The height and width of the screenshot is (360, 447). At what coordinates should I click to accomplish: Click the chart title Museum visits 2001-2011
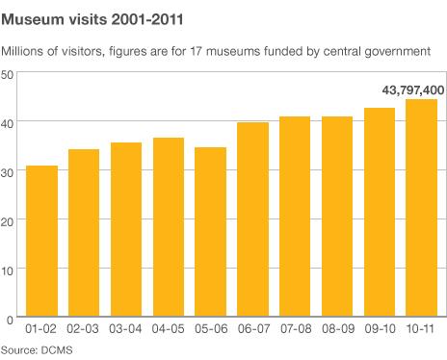86,17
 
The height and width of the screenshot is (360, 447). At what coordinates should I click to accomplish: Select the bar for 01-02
41,242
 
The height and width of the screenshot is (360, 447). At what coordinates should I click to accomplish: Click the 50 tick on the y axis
8,74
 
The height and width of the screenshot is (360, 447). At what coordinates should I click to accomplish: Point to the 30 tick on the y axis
8,171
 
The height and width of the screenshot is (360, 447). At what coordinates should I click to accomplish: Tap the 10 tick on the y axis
8,270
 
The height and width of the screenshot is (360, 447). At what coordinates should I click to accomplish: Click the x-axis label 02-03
84,330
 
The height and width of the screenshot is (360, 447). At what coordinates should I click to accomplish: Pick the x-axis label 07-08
295,330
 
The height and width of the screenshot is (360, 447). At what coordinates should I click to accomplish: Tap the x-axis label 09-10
379,330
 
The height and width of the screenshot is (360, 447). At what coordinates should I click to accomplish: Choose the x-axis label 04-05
169,330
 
